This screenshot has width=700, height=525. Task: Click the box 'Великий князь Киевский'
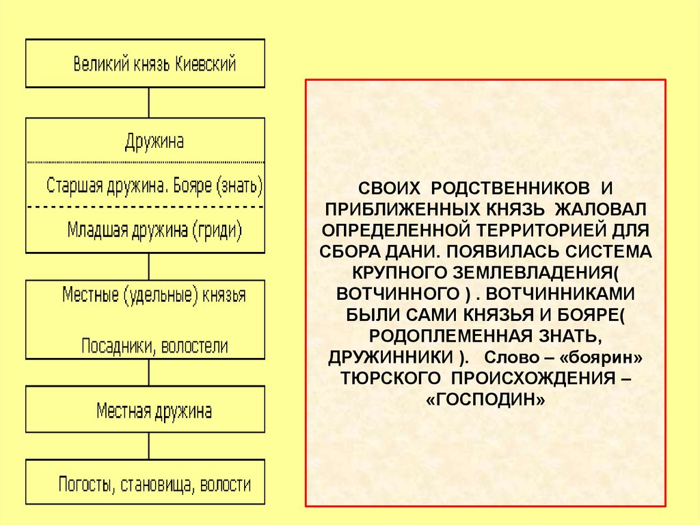146,64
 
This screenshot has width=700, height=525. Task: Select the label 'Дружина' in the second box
154,142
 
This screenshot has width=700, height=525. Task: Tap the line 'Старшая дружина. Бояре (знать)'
154,185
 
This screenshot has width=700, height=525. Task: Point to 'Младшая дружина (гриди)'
154,229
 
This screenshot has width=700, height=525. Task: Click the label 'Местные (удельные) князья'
154,296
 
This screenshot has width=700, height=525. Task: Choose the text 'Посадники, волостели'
154,346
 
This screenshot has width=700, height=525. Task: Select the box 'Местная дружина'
146,409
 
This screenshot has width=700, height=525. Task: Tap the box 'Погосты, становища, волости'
146,485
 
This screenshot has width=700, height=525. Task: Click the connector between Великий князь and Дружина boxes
148,103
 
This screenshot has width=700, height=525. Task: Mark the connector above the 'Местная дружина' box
148,372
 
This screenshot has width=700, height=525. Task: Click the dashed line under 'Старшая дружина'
146,206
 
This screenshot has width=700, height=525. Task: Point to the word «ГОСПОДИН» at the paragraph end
486,400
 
